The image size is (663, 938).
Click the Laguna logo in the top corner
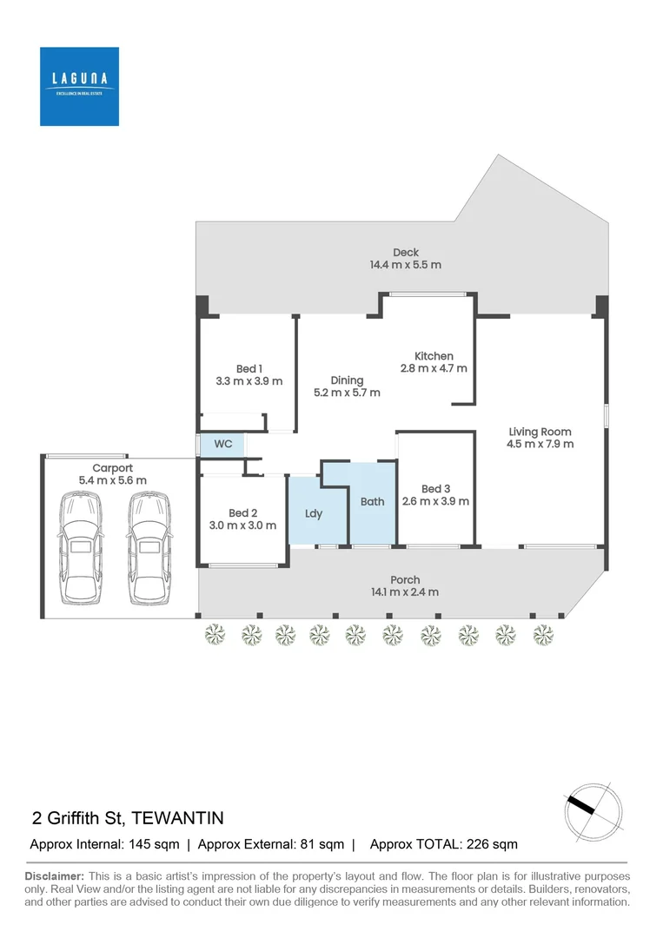point(79,86)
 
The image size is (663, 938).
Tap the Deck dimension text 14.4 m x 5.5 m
point(405,265)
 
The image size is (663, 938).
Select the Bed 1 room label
point(247,369)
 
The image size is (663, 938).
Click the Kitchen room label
point(433,356)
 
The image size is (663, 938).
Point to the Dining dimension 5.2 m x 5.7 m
point(347,393)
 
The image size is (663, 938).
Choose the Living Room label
point(540,432)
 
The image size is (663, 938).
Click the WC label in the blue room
point(223,444)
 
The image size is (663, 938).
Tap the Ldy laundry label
point(314,513)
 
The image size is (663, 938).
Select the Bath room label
point(372,501)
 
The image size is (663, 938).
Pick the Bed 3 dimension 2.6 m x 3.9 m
point(435,501)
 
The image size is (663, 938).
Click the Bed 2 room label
point(243,512)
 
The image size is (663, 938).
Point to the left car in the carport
point(80,548)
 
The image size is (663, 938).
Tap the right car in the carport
point(147,548)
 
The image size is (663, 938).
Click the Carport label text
point(113,468)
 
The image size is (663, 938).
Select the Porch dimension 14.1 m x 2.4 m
point(405,592)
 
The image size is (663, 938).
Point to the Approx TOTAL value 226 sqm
point(491,844)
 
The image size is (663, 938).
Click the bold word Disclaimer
point(54,876)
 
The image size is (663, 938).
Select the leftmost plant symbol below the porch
point(213,635)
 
